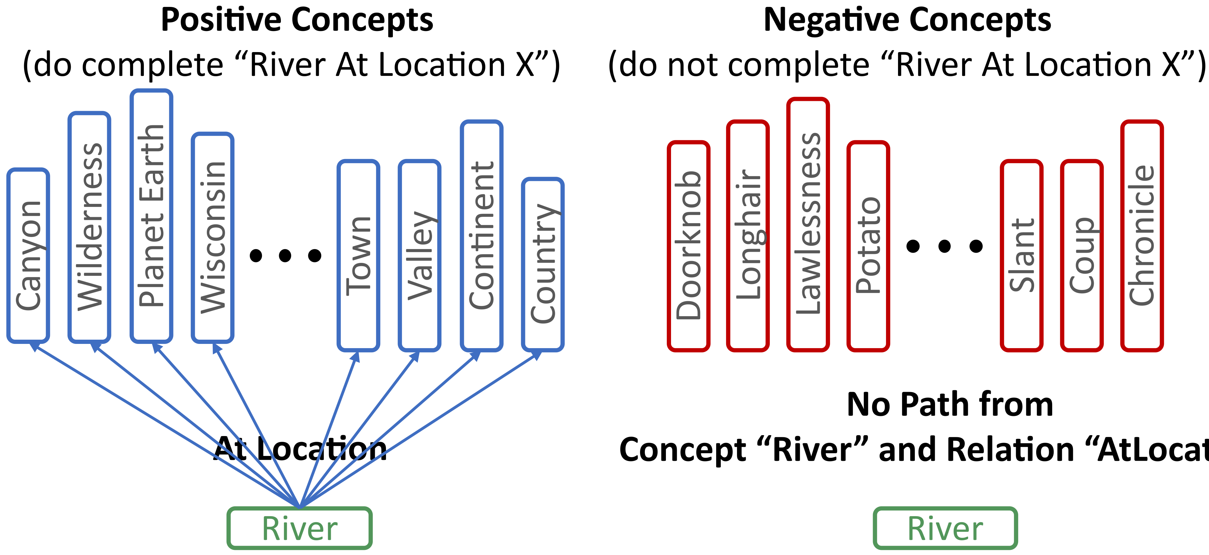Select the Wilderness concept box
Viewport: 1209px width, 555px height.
(x=89, y=227)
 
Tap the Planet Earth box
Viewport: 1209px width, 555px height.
(x=151, y=216)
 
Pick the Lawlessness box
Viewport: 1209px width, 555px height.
(x=808, y=224)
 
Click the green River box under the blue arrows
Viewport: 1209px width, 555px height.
(x=300, y=528)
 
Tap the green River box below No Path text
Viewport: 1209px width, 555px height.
(x=945, y=528)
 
